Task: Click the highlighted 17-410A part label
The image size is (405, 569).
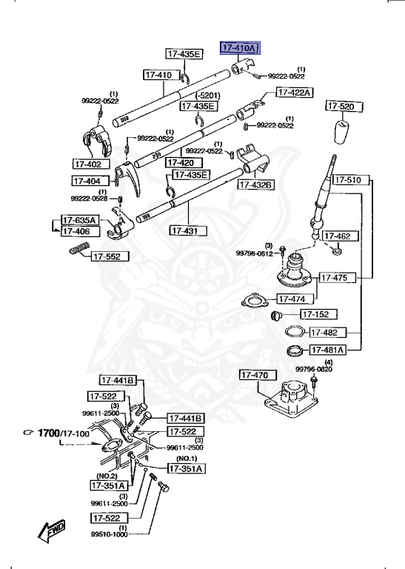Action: pos(239,48)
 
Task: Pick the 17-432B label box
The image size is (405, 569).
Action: pos(255,184)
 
